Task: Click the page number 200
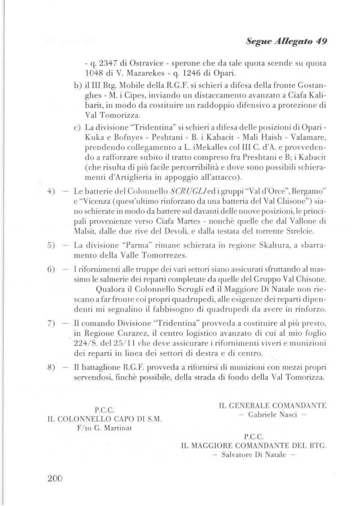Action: [x=55, y=478]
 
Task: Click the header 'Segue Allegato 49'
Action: [x=286, y=41]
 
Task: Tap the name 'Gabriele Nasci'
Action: [x=273, y=415]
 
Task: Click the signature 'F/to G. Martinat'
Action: [x=104, y=428]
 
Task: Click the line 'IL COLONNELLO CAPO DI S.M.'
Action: [x=104, y=419]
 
